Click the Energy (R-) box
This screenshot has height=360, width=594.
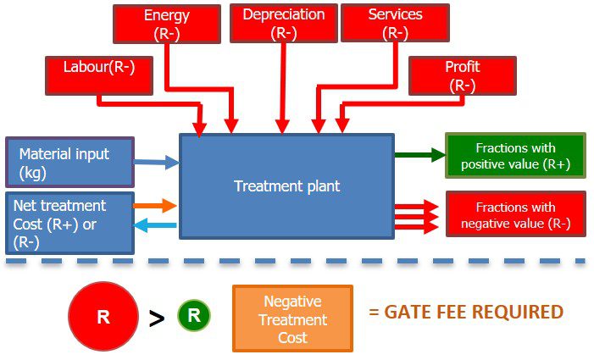(x=166, y=25)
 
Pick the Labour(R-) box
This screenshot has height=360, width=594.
(x=97, y=75)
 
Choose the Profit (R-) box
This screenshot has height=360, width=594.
(x=462, y=75)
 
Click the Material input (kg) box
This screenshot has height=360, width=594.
(x=69, y=163)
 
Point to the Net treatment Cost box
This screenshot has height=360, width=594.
(x=69, y=223)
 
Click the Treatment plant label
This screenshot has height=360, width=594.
(x=286, y=186)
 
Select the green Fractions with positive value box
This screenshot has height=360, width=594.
(x=515, y=155)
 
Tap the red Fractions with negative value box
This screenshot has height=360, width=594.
(x=515, y=215)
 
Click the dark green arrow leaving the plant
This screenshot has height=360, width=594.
(x=419, y=154)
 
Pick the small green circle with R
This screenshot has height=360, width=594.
(x=193, y=316)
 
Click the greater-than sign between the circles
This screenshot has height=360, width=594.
(x=157, y=318)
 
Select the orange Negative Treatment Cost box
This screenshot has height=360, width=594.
(x=292, y=318)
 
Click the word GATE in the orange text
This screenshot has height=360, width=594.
(x=408, y=312)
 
